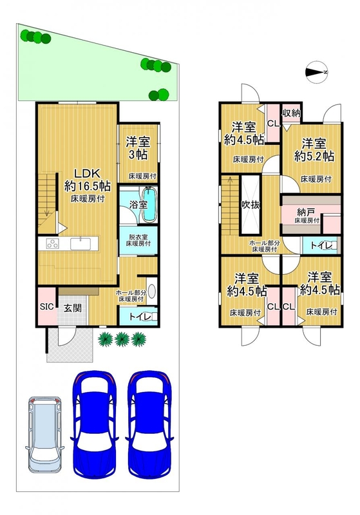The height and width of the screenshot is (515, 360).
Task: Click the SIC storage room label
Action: click(46, 307)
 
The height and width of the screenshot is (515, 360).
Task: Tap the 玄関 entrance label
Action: click(73, 308)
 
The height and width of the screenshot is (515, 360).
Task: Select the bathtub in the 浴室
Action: click(149, 204)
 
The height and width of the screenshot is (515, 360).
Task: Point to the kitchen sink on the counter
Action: click(81, 244)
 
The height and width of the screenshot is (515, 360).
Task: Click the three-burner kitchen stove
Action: click(52, 244)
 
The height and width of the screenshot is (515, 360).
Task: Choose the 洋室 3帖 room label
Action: click(138, 148)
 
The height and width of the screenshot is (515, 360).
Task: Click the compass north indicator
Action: click(317, 72)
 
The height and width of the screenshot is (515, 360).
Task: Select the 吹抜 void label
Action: click(251, 205)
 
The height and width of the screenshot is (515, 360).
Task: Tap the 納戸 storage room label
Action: click(305, 212)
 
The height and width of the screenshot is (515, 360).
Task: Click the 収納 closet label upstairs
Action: click(291, 113)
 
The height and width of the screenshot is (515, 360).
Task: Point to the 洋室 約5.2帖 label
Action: click(314, 150)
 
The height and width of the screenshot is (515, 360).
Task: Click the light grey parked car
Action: click(44, 434)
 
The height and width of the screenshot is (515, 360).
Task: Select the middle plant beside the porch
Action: click(122, 339)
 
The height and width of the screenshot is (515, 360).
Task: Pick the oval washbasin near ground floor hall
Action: click(152, 291)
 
